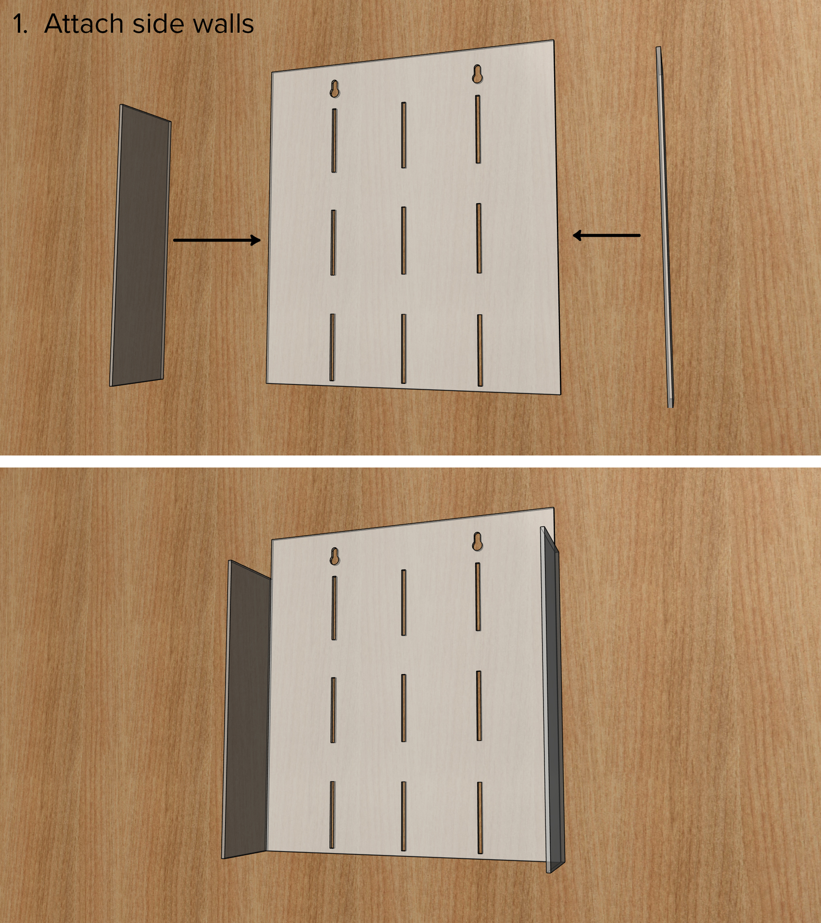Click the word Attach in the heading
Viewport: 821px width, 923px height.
(x=83, y=24)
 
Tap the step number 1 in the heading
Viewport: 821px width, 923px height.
(x=19, y=24)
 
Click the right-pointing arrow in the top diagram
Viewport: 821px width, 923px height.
(x=216, y=240)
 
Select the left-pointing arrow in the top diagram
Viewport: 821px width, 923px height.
(x=606, y=235)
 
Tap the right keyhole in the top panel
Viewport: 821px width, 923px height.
(x=477, y=74)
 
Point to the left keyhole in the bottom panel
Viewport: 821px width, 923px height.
(x=335, y=556)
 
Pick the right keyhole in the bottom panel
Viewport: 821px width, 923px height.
(x=477, y=541)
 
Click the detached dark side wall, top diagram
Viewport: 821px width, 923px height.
(x=140, y=245)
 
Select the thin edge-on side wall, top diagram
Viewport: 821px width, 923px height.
(x=664, y=226)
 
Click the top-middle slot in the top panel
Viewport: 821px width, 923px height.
(x=404, y=135)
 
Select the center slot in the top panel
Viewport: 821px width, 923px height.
(x=404, y=240)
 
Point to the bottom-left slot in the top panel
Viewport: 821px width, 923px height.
(x=332, y=347)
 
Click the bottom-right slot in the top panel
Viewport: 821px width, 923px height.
(x=480, y=350)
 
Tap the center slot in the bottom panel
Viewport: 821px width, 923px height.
(x=404, y=708)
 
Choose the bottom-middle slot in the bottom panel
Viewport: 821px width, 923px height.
(x=404, y=815)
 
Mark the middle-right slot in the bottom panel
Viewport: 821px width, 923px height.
(x=479, y=705)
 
